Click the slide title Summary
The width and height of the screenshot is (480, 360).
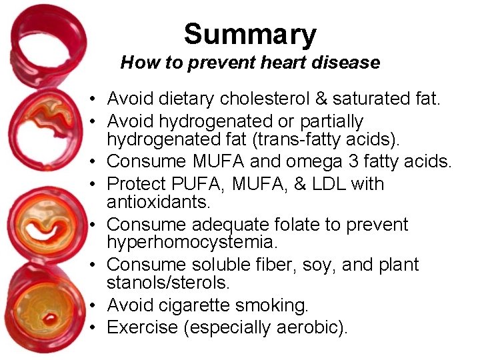[x=250, y=34]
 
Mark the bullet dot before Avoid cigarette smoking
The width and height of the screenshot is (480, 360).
[x=96, y=307]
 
